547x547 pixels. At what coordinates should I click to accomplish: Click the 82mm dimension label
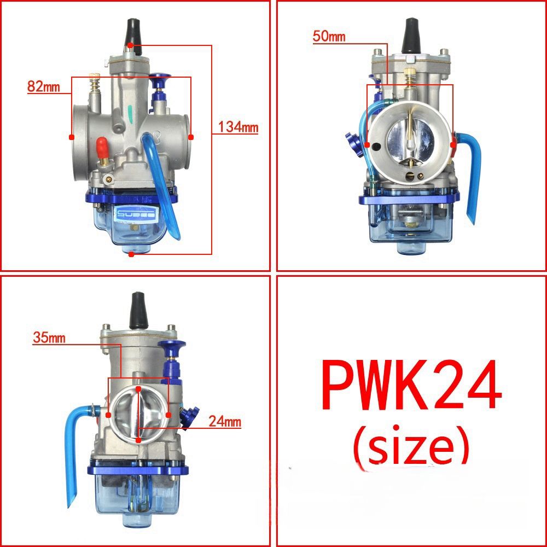point(42,86)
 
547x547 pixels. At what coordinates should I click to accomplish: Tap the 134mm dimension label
point(237,127)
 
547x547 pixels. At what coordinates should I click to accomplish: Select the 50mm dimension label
point(329,37)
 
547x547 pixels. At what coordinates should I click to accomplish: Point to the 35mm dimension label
point(49,337)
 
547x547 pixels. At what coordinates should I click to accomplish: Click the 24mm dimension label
point(224,422)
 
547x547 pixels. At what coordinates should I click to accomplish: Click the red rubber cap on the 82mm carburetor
point(101,147)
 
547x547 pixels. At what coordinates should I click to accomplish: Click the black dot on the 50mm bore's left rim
point(368,146)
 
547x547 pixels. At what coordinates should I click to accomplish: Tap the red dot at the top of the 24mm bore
point(138,389)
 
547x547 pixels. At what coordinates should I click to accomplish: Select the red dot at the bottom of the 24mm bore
point(138,439)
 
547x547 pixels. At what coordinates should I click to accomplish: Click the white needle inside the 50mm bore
point(410,139)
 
